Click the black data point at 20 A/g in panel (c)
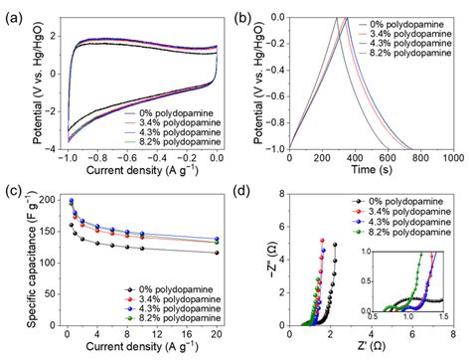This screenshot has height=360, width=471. pos(218,253)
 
